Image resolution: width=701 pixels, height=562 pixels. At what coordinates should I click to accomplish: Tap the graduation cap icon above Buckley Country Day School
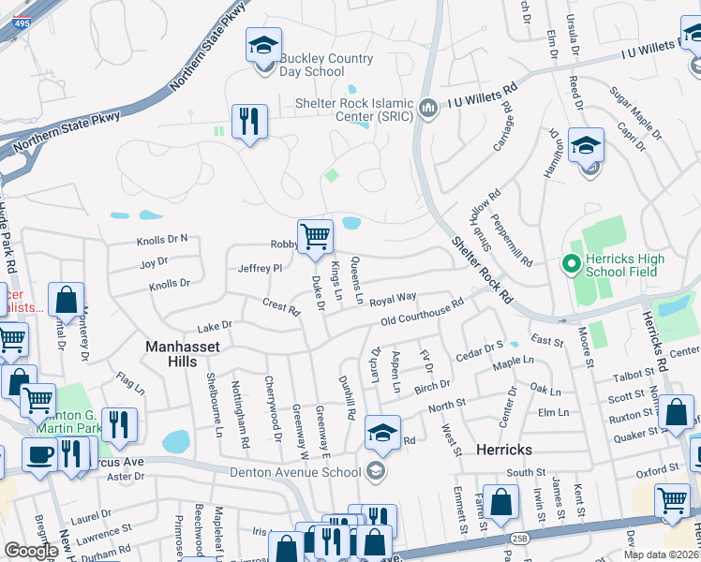(x=263, y=45)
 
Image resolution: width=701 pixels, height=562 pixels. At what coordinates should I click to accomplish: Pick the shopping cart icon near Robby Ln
(x=315, y=236)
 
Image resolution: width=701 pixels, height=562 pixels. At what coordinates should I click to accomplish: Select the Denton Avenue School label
(x=294, y=471)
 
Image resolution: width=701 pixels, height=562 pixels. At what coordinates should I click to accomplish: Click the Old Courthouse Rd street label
(x=423, y=313)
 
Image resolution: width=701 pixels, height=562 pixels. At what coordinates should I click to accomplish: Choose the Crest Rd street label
(x=280, y=305)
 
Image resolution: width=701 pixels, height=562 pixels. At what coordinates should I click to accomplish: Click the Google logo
(x=31, y=551)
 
